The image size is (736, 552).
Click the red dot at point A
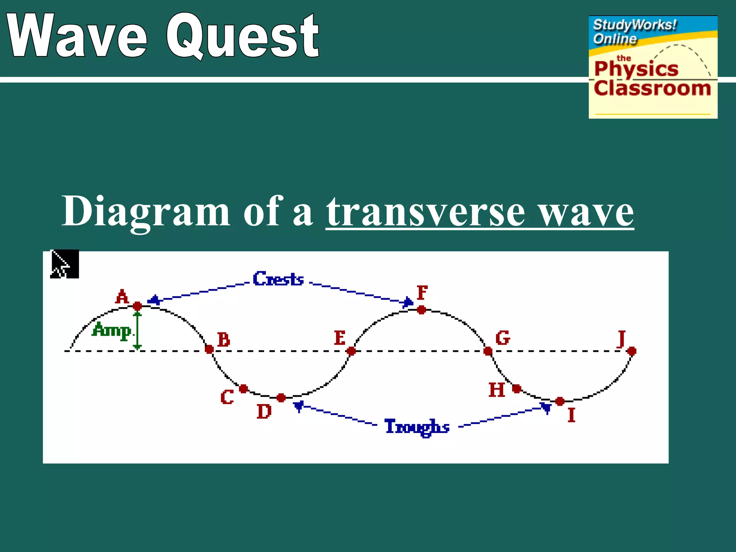point(137,306)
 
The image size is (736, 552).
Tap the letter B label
point(224,339)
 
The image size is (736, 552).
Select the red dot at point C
point(243,389)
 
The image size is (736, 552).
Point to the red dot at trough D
point(281,398)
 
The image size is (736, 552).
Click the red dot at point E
point(351,351)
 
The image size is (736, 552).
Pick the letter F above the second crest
point(422,293)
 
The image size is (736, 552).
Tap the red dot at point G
point(488,351)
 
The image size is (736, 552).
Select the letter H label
point(497,390)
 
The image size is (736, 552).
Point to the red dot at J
point(632,351)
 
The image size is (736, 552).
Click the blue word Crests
point(278,279)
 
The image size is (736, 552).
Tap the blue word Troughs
point(417,427)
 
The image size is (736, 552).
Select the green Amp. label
point(112,330)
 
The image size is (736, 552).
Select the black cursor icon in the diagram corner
point(64,264)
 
